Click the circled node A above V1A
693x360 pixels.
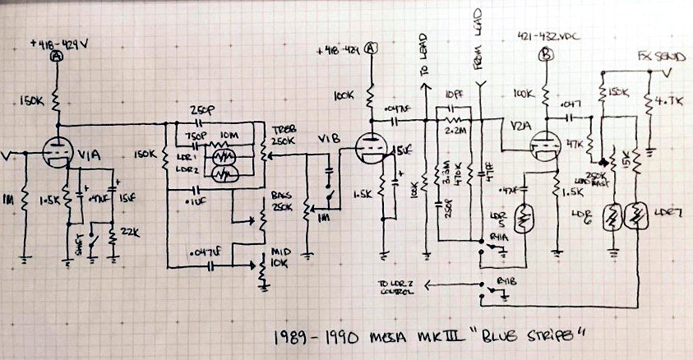[x=56, y=57]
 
